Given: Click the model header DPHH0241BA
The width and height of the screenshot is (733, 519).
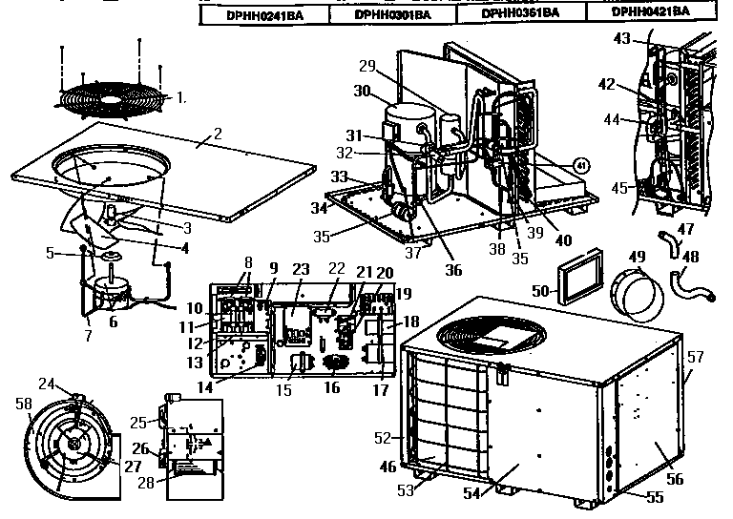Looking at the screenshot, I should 258,14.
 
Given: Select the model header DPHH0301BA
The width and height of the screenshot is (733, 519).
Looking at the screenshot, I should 391,14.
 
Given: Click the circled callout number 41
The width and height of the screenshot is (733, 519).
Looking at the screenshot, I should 579,165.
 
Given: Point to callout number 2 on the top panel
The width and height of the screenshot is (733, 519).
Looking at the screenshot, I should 218,134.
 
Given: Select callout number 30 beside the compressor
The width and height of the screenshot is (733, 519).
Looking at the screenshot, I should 363,91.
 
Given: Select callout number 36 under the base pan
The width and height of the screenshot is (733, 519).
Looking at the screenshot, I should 453,270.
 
